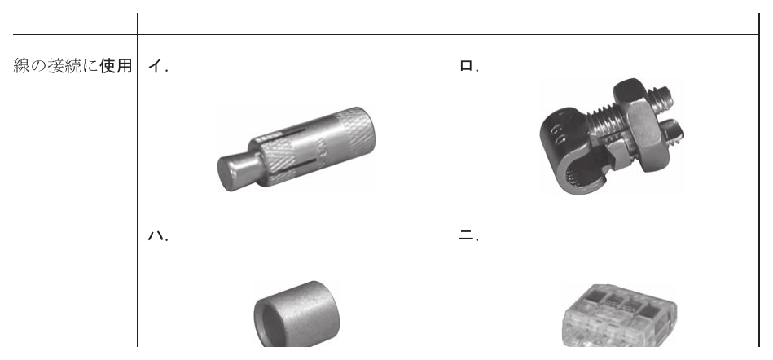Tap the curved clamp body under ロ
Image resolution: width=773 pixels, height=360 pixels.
pyautogui.click(x=567, y=151)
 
